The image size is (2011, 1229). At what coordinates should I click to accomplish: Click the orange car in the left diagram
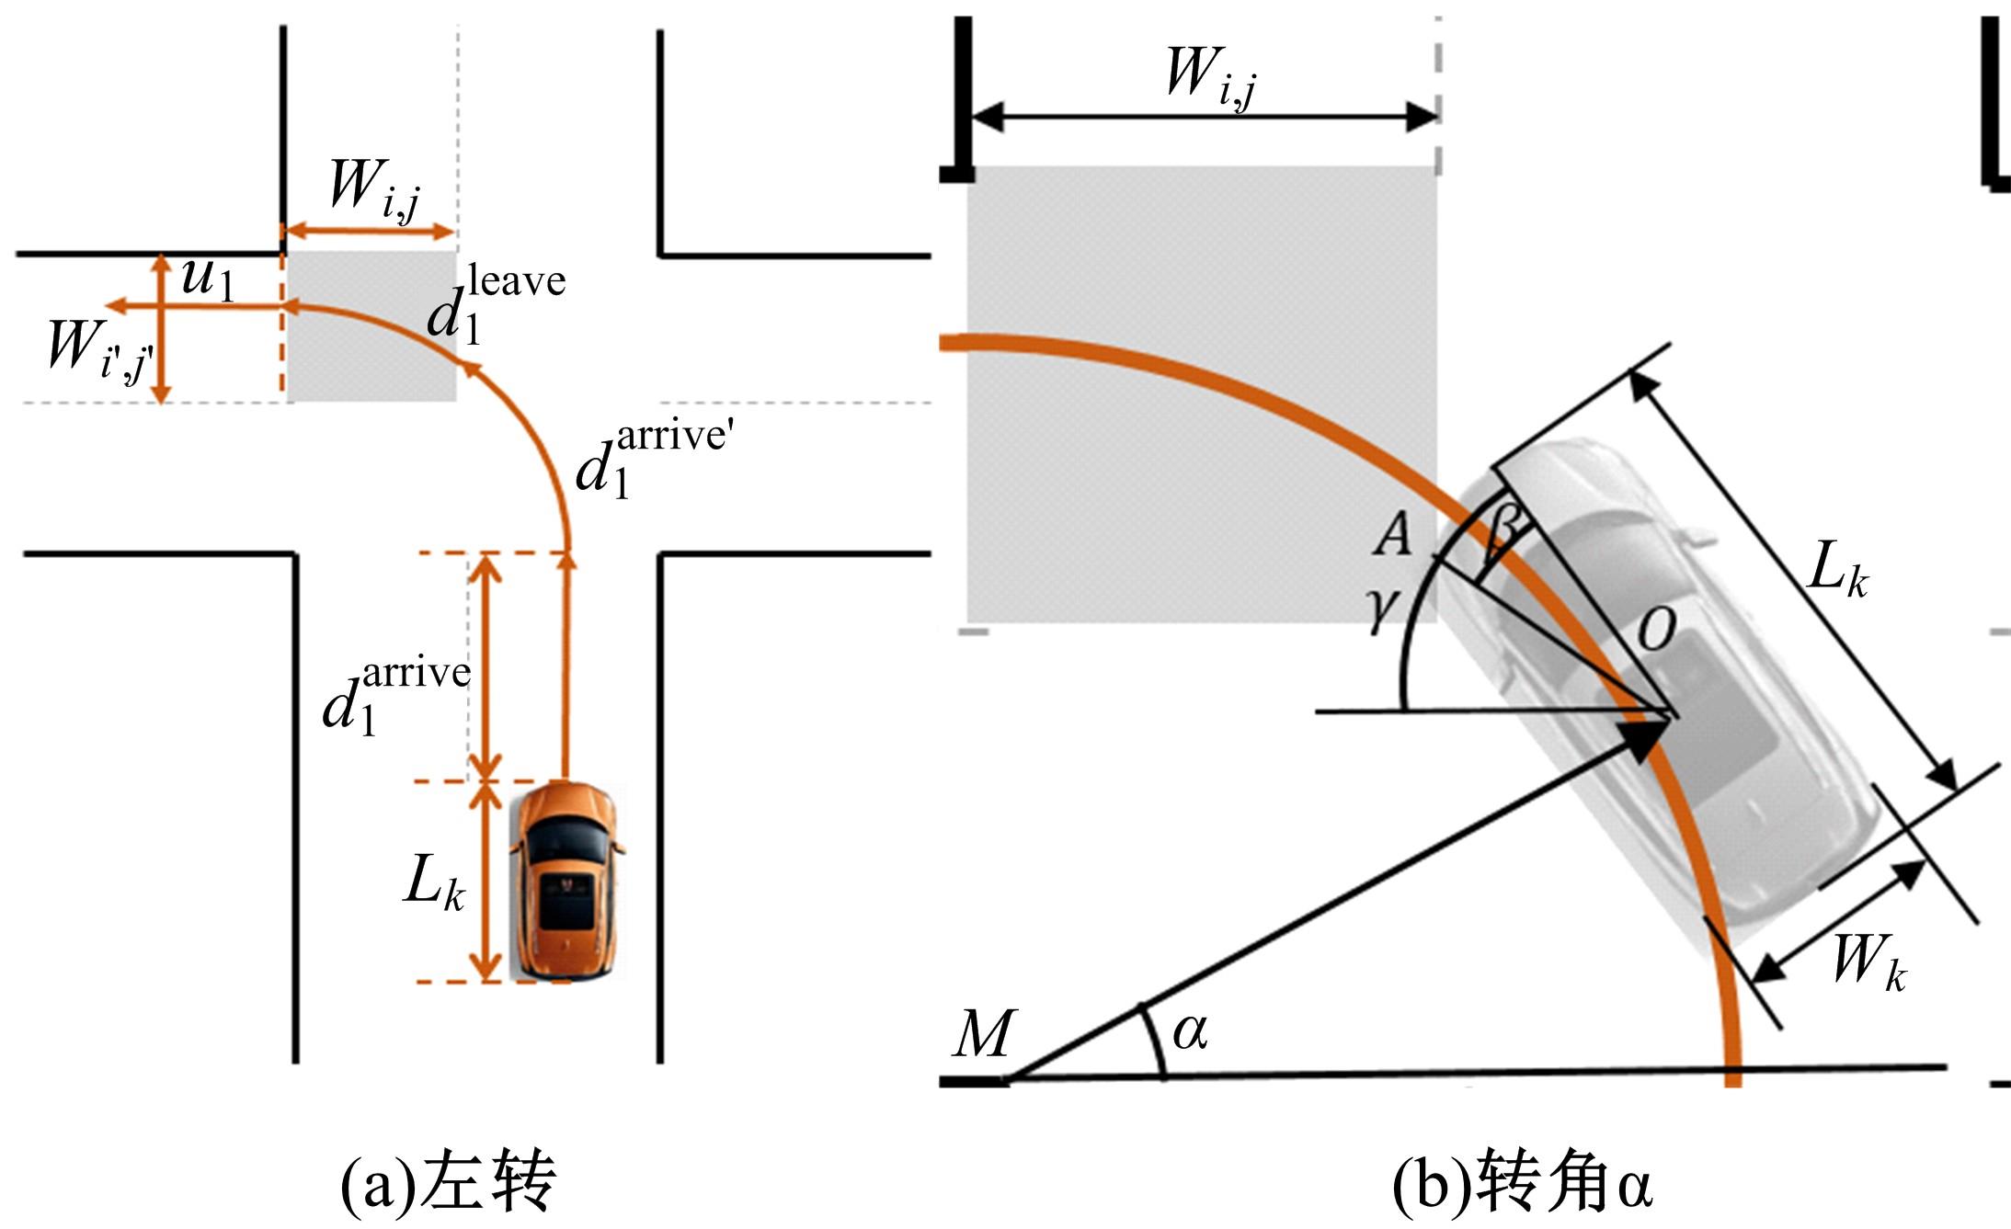tap(566, 881)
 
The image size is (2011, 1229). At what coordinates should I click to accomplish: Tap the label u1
tap(208, 279)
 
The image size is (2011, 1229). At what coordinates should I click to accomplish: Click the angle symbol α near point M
tap(1190, 1031)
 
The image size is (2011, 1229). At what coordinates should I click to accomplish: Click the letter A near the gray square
tap(1392, 534)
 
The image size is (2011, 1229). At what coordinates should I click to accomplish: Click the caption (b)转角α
tap(1522, 1184)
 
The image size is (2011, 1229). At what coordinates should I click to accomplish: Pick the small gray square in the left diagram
tap(371, 326)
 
